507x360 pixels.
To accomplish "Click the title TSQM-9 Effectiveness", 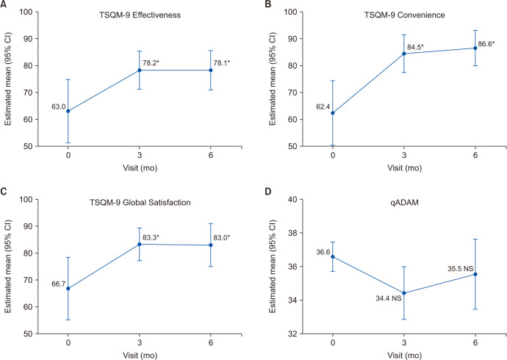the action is tap(140, 15).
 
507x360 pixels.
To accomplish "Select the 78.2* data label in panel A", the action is tap(151, 63).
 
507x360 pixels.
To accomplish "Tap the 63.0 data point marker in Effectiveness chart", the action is tap(68, 111).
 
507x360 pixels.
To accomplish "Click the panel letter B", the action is tap(267, 4).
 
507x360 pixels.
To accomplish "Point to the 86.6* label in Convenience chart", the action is tap(486, 44).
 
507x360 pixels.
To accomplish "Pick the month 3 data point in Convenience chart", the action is tap(404, 54).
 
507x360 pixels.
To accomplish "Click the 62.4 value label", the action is tap(323, 107).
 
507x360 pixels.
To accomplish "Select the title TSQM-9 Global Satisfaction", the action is tap(140, 203).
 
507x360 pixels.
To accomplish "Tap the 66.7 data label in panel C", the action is tap(59, 284).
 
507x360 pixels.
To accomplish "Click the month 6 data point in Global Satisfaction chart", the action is tap(210, 245).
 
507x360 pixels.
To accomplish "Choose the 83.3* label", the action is tap(151, 237).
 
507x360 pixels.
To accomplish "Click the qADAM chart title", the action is tap(405, 203).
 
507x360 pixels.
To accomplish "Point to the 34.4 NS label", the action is tap(389, 298).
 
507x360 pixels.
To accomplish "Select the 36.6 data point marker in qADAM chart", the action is tap(333, 256).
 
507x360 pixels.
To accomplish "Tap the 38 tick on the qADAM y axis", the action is tap(294, 233).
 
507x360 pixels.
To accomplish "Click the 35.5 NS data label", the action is tap(461, 269).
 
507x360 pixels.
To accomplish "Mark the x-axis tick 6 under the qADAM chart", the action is tap(475, 342).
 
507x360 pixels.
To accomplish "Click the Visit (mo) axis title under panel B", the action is tap(405, 168).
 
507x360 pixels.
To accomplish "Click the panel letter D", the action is tap(267, 191).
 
